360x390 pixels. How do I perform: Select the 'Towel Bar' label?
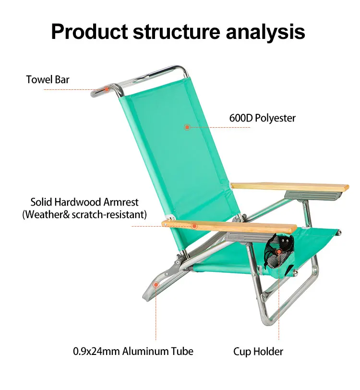click(48, 79)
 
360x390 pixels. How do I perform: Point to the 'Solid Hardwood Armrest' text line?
click(85, 202)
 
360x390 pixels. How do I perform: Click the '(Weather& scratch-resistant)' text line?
click(84, 214)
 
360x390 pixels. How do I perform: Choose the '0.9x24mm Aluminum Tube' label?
click(133, 351)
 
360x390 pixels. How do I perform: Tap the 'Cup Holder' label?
click(258, 352)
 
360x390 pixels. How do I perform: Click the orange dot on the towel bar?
click(106, 89)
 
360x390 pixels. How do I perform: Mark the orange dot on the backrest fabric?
click(187, 127)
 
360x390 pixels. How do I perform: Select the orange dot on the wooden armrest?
click(194, 226)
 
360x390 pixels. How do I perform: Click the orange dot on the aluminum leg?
click(156, 285)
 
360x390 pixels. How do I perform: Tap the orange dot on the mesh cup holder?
click(278, 251)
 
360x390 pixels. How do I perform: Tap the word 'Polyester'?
click(276, 118)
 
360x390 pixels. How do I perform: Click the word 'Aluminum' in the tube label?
click(146, 351)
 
